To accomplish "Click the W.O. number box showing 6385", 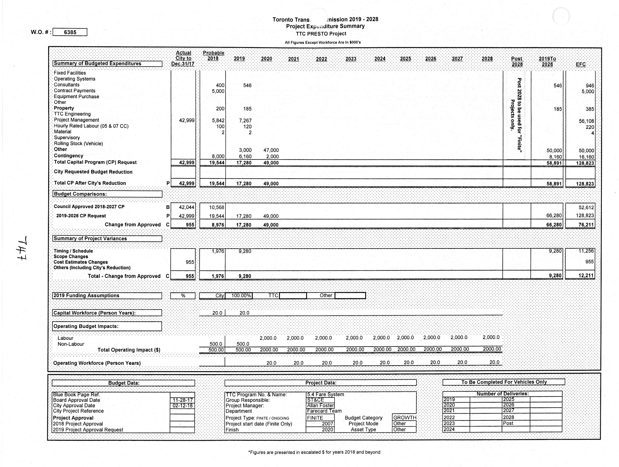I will [x=70, y=32].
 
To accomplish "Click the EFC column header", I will [x=580, y=64].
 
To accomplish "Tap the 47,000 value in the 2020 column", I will [x=271, y=150].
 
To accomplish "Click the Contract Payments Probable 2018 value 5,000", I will [x=218, y=91].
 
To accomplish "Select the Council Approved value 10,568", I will [x=217, y=208].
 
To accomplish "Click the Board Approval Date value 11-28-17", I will [x=182, y=400].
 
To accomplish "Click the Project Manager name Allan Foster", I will [x=320, y=406].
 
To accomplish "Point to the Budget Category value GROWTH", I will [x=404, y=418].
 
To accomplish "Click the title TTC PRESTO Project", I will [x=321, y=34].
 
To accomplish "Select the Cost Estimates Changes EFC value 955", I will [x=589, y=262].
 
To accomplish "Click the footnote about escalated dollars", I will [x=314, y=452].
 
